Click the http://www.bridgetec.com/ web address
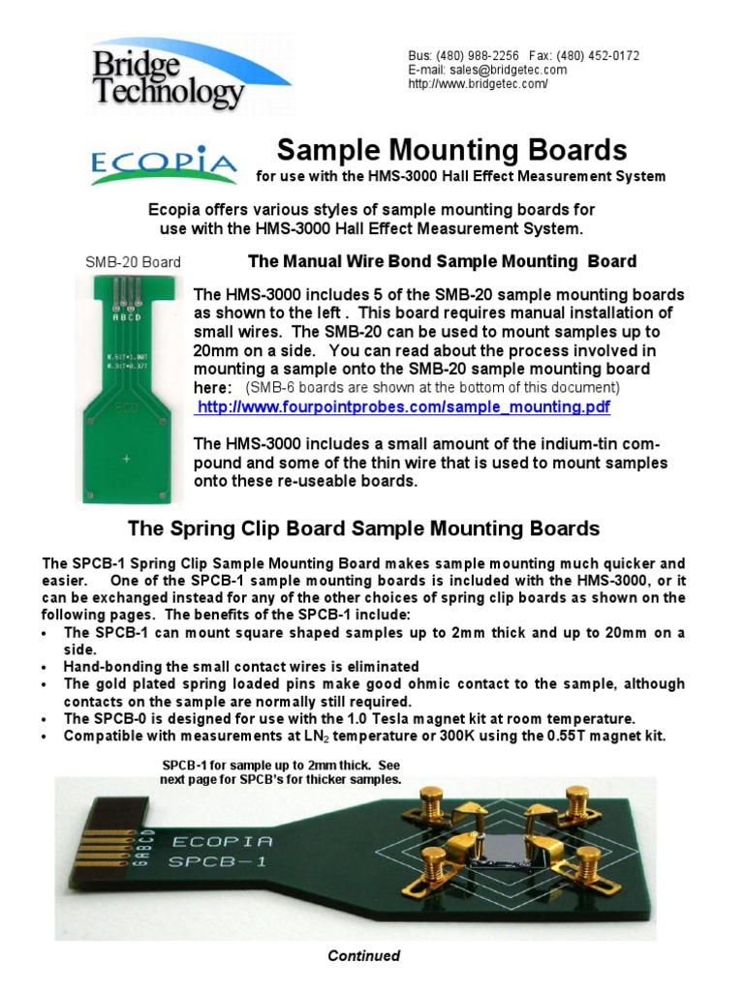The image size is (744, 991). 479,84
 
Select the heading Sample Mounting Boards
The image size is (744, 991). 451,150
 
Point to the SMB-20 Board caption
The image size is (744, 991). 130,262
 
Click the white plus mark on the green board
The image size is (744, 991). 126,458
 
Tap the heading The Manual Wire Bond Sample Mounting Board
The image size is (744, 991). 442,261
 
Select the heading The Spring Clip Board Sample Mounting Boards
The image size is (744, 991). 364,529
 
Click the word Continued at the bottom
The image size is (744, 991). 363,956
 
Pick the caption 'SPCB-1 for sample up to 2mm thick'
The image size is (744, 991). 280,766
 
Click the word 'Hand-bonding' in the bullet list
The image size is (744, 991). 104,667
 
